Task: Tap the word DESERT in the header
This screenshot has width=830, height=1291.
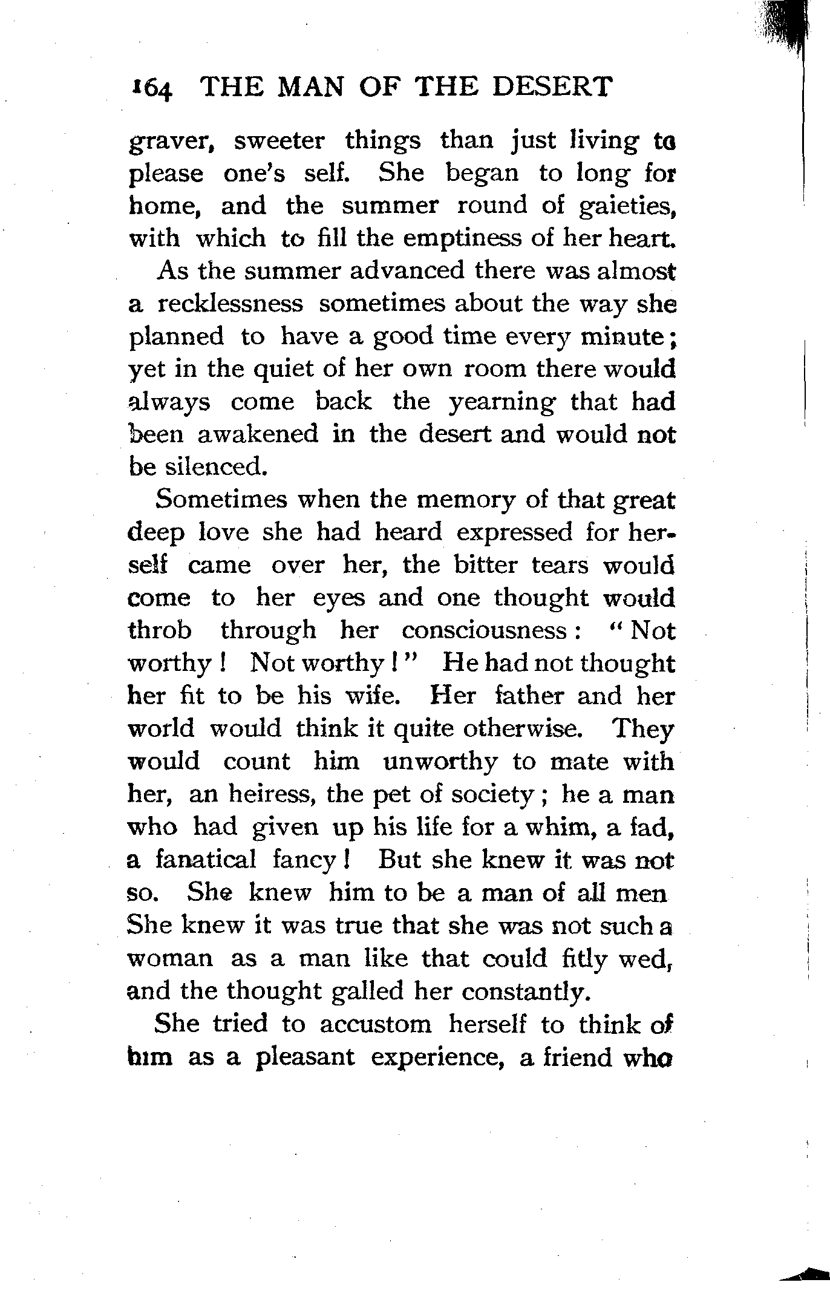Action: (551, 87)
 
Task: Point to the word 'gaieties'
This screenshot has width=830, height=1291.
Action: (626, 207)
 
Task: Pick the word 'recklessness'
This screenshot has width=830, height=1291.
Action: (230, 304)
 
